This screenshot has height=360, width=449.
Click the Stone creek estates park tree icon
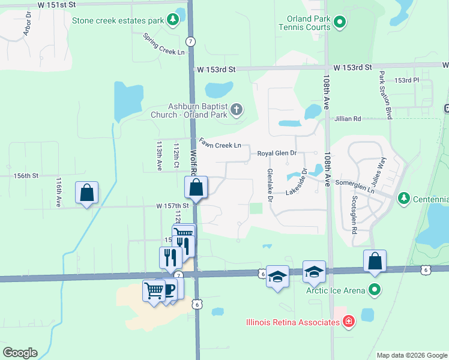pos(173,20)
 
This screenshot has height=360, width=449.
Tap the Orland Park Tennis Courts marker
pos(339,23)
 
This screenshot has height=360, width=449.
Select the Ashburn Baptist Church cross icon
pos(237,110)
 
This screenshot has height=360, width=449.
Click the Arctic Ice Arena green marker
pos(375,291)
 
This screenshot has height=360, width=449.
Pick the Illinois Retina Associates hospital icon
pos(348,322)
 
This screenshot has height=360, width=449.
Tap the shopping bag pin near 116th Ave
pos(87,193)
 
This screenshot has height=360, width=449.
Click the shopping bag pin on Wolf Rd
pos(196,187)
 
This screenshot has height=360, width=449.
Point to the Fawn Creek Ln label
pos(220,145)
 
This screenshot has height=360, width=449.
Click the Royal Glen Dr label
pos(277,154)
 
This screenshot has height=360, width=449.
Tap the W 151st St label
pos(57,4)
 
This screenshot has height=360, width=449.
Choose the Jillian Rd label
pos(348,119)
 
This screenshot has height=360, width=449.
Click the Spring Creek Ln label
pos(164,44)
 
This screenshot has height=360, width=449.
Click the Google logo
pos(19,353)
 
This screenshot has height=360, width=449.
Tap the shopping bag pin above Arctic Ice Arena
pos(375,261)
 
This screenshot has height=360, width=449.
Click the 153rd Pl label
pos(405,80)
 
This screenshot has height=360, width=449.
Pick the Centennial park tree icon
pos(404,198)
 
